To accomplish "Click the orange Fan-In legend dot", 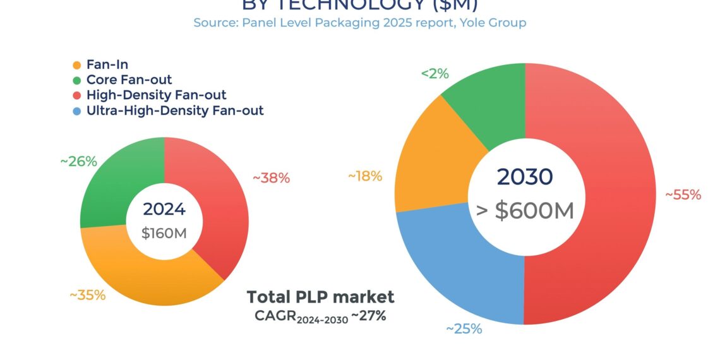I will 77,65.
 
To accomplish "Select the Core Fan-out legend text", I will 129,80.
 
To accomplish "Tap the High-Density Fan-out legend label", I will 156,95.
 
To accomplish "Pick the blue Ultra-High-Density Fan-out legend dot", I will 77,111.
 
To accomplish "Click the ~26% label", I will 78,162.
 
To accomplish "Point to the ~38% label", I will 271,178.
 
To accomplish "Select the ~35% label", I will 87,295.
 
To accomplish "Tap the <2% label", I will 435,74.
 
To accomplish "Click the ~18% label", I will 365,176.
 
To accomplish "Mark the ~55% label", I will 683,195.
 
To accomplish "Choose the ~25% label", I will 464,329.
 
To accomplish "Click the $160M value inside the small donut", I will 164,233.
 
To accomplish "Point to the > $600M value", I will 525,210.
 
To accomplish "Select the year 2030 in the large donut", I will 525,177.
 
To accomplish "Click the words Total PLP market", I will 320,297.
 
